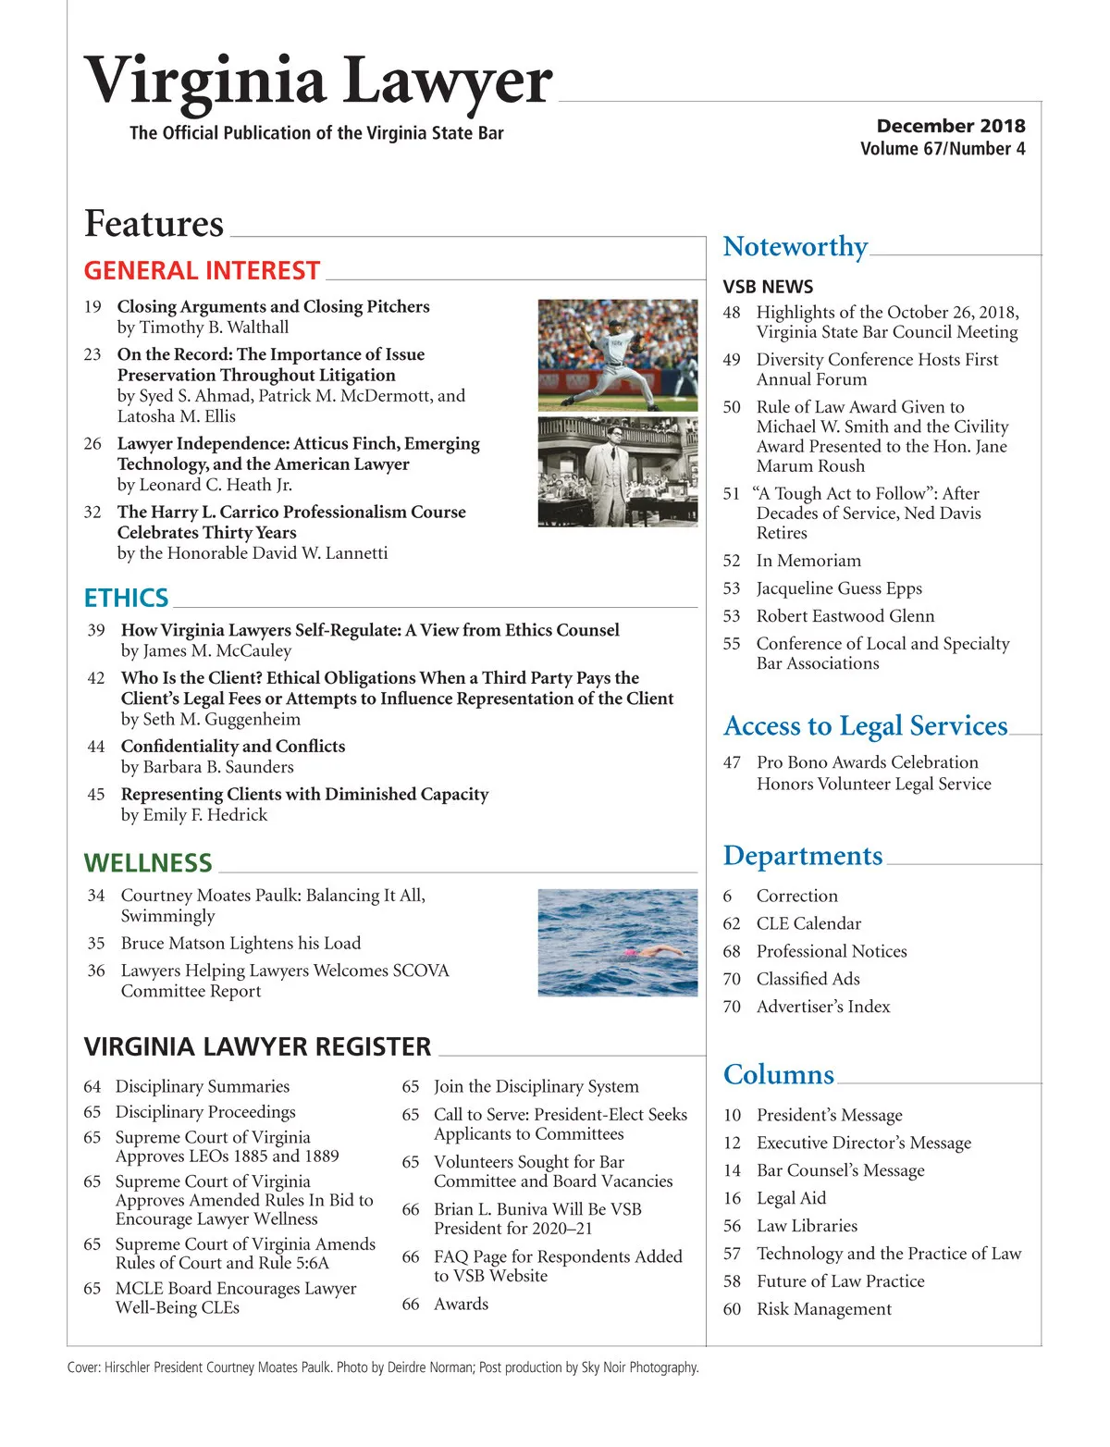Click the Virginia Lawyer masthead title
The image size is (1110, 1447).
(x=318, y=81)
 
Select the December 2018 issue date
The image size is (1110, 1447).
(x=950, y=126)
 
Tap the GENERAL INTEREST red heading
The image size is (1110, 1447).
(x=202, y=270)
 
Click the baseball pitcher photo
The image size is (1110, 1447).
(x=618, y=354)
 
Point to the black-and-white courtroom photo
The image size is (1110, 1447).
(x=618, y=472)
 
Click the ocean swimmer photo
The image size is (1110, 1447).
(x=618, y=942)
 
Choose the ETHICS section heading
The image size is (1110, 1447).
(x=126, y=598)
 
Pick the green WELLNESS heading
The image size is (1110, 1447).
(x=148, y=863)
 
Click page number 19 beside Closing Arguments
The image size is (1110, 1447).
(x=92, y=306)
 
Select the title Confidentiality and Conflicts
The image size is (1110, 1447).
(x=233, y=746)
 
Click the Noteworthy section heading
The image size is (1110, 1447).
(x=795, y=246)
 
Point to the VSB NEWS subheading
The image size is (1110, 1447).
(x=768, y=287)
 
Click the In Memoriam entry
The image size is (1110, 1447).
(x=808, y=561)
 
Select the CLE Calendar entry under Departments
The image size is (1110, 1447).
(x=808, y=923)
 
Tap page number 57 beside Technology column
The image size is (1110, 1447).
(x=732, y=1254)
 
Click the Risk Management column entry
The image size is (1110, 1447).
(x=823, y=1309)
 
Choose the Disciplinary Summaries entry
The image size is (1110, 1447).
(x=202, y=1086)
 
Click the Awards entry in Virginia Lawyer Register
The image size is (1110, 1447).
(x=461, y=1304)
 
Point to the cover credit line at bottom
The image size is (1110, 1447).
(x=383, y=1367)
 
